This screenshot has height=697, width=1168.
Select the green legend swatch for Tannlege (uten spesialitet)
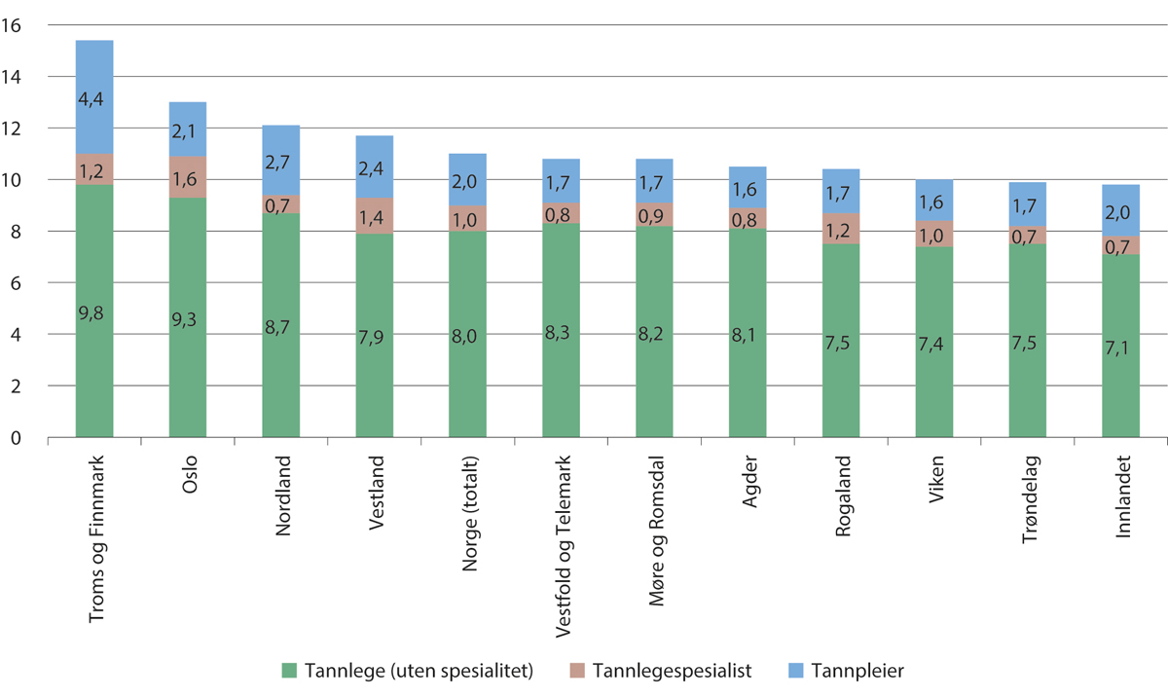[289, 670]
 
